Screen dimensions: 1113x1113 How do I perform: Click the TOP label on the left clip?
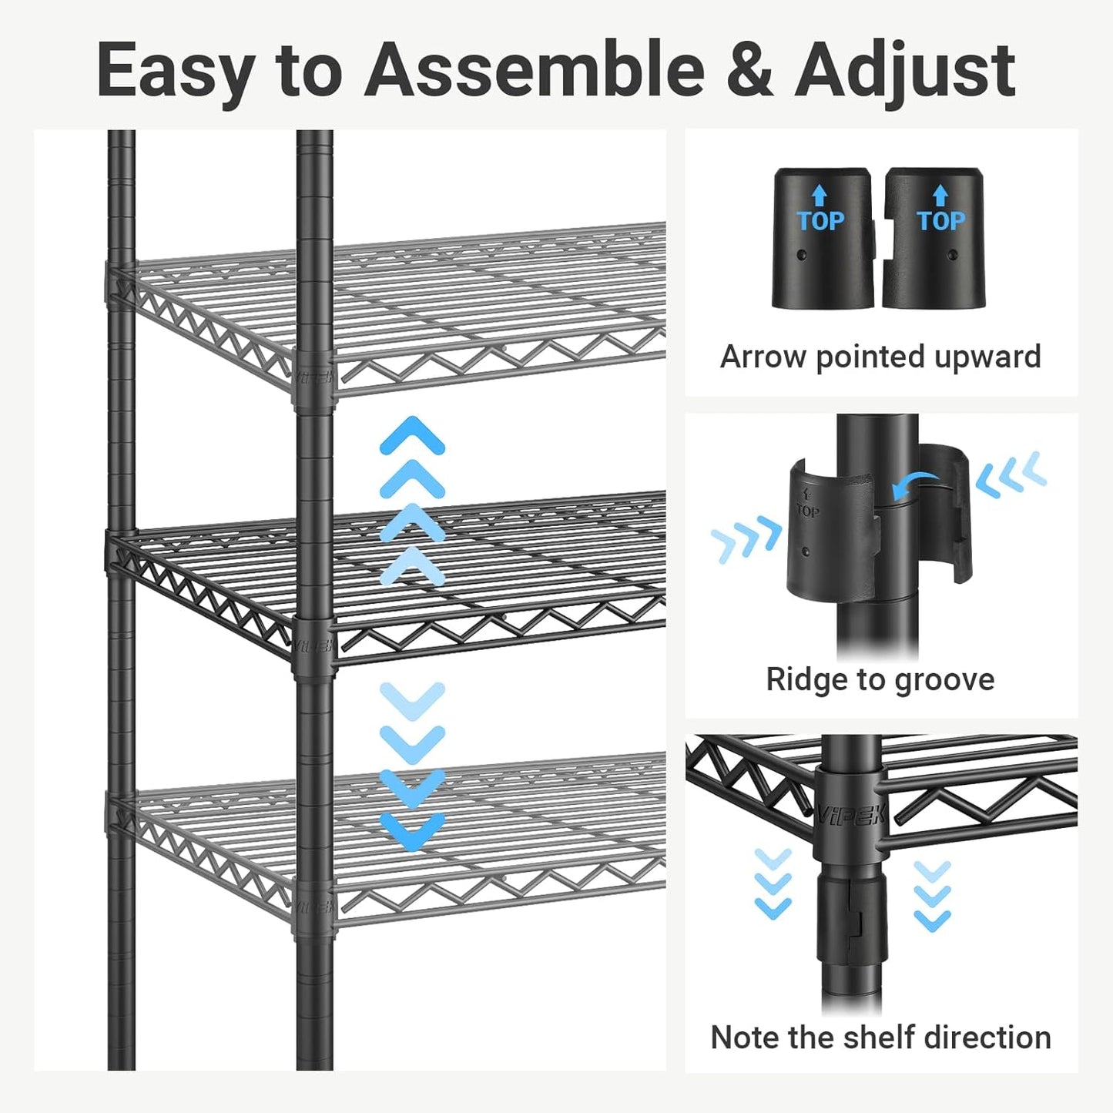coord(820,221)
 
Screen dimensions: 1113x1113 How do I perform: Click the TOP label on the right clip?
coord(940,221)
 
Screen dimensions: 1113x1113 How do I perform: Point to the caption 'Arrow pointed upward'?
coord(880,357)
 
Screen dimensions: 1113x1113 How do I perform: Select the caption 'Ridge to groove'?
coord(880,680)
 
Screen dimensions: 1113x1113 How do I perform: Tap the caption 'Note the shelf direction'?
coord(880,1038)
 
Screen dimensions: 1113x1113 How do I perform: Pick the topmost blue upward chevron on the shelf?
coord(412,435)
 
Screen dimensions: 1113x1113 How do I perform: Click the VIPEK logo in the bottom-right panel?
coord(852,813)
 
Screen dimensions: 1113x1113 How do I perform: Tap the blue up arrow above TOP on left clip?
coord(820,195)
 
